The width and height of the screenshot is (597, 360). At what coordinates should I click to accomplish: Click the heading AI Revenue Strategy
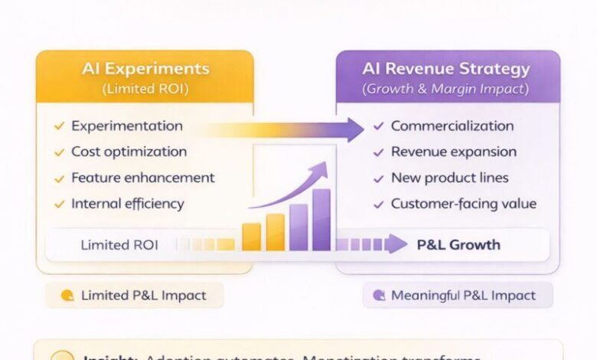click(x=446, y=69)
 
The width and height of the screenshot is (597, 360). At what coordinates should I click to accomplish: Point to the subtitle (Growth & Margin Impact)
click(x=446, y=89)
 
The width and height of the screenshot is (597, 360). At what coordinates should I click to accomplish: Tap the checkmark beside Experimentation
click(x=59, y=126)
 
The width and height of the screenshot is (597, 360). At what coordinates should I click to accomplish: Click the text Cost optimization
click(x=129, y=152)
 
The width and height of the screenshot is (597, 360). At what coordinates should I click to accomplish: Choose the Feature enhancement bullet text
click(x=142, y=178)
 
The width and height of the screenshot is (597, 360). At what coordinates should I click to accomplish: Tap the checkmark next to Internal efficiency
click(x=59, y=205)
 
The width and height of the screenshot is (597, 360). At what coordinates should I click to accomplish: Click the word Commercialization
click(x=452, y=126)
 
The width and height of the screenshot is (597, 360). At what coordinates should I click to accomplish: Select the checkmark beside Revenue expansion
click(x=378, y=152)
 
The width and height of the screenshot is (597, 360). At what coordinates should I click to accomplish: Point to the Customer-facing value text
click(x=464, y=205)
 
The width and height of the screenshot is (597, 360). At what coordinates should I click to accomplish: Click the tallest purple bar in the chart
click(x=321, y=220)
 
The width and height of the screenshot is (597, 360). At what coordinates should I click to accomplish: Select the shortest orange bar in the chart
click(x=251, y=237)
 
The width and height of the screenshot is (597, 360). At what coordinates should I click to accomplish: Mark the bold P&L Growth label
click(x=458, y=245)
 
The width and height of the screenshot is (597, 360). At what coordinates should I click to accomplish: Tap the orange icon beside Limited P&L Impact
click(x=67, y=296)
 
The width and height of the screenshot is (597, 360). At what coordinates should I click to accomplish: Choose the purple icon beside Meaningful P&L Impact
click(x=378, y=296)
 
